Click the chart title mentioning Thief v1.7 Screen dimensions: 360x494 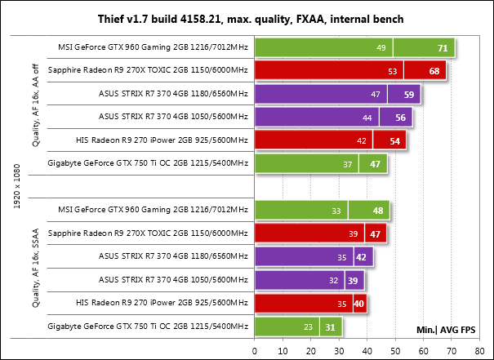tap(247, 18)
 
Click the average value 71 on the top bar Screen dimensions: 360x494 tap(441, 49)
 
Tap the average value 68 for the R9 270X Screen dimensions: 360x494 tap(434, 72)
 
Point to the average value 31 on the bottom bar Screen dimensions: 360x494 tap(329, 328)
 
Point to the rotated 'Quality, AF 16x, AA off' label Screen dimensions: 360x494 tap(35, 106)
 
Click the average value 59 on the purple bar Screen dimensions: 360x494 tap(408, 95)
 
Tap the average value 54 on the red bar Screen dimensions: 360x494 tap(394, 141)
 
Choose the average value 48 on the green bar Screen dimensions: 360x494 tap(377, 211)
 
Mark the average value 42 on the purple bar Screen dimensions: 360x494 tap(360, 258)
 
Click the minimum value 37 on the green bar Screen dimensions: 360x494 tap(349, 165)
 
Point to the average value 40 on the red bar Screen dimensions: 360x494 tap(358, 304)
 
